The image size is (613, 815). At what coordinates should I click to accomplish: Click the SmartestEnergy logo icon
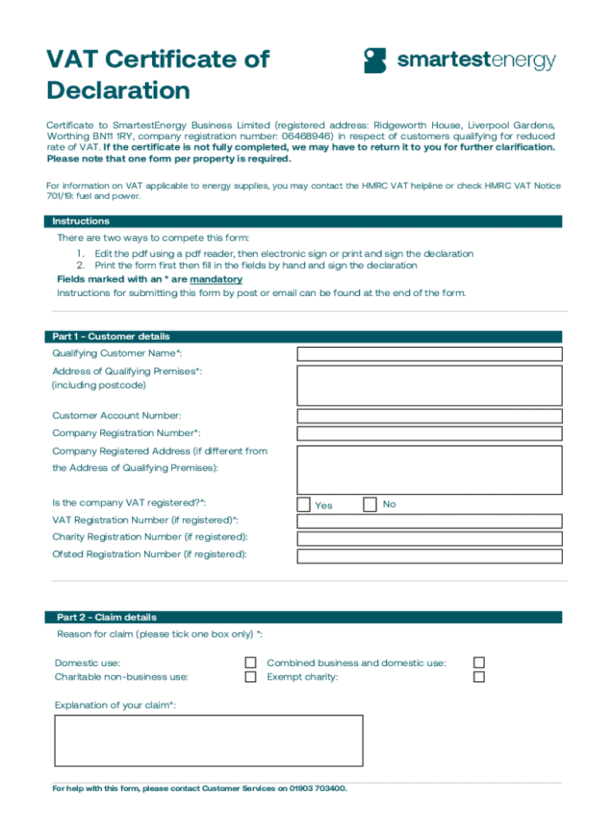pos(375,60)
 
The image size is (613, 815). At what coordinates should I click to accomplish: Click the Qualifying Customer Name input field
pos(429,354)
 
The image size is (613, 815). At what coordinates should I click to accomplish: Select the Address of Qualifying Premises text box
pos(429,386)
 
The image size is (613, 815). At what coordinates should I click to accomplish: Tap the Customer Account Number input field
pos(429,416)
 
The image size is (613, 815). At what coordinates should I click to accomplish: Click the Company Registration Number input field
pos(429,434)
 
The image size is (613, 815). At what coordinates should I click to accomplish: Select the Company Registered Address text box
pos(429,470)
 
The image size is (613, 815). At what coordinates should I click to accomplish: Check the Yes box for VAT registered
pos(303,505)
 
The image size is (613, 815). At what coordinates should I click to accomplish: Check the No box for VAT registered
pos(369,505)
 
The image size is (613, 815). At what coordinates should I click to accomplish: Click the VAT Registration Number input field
pos(429,521)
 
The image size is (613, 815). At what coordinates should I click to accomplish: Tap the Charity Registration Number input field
pos(429,539)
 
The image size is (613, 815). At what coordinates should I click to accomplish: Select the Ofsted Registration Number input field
pos(429,556)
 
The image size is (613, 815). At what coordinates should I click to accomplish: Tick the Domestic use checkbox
pos(251,663)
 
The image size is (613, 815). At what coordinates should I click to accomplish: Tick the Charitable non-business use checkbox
pos(251,677)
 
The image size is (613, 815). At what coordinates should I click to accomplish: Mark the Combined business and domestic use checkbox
pos(478,663)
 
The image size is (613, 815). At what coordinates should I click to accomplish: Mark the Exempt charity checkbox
pos(478,677)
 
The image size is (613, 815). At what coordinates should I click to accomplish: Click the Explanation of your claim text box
pos(209,740)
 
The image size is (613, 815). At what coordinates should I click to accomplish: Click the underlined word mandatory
pos(216,279)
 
